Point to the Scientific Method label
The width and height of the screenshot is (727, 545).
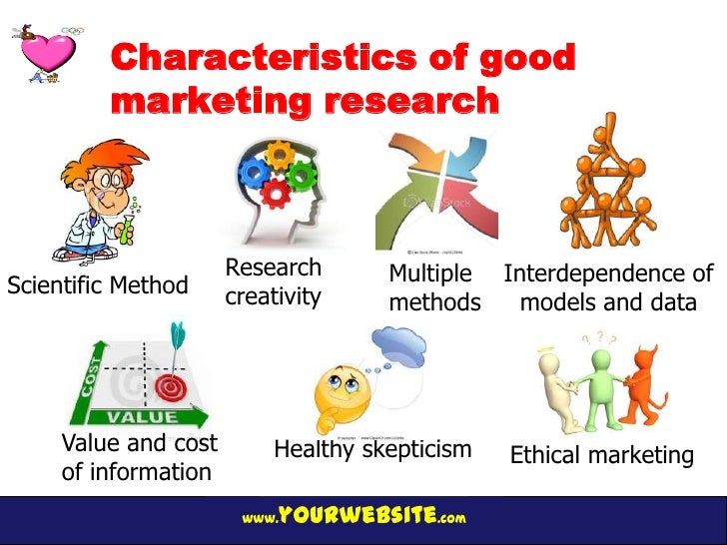pos(97,285)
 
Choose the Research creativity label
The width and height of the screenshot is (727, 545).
pos(273,282)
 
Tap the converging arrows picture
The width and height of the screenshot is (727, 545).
pos(435,190)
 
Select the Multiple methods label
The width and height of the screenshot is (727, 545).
pos(434,287)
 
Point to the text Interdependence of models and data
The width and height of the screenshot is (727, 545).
pos(608,288)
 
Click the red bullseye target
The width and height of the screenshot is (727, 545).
pos(171,383)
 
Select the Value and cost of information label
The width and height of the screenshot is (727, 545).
pos(139,457)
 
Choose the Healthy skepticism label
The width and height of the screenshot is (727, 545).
pos(372,450)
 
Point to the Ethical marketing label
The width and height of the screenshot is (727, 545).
pos(601,456)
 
